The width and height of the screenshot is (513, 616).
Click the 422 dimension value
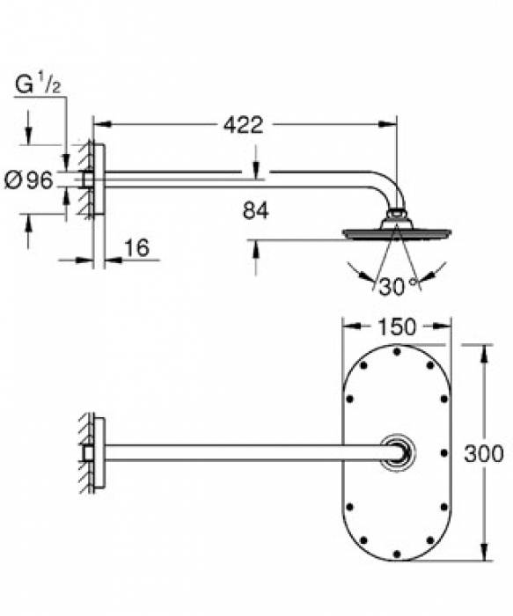[243, 125]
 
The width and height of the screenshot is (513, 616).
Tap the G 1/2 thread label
[37, 86]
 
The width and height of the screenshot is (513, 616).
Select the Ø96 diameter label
[29, 180]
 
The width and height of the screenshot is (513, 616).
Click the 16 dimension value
[136, 248]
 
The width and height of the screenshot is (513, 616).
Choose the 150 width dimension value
[396, 326]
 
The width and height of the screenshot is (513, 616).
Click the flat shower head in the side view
[395, 233]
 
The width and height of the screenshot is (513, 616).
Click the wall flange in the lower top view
[99, 453]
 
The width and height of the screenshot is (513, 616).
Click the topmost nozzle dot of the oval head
[397, 353]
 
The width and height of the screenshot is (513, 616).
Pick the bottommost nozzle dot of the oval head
[397, 554]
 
